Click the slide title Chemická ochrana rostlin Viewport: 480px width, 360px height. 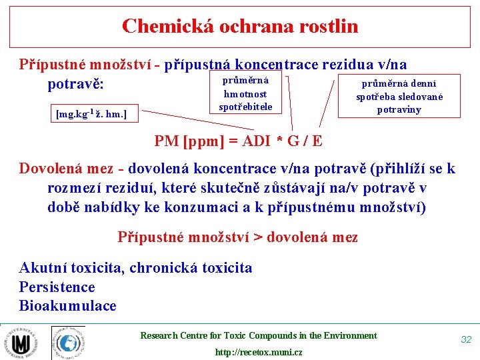tap(240, 27)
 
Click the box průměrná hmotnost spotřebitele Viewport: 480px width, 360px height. tap(245, 94)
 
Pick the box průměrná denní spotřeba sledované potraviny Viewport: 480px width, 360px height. tap(399, 96)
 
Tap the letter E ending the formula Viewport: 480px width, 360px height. tap(317, 141)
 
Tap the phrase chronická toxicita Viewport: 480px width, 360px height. tap(191, 268)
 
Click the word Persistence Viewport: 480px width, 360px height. tap(57, 287)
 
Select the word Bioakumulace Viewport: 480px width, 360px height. tap(67, 306)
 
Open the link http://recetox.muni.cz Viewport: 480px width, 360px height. tap(258, 352)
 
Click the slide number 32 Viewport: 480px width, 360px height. tap(466, 339)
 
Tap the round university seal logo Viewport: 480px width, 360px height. tap(21, 343)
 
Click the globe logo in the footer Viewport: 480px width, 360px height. tap(68, 343)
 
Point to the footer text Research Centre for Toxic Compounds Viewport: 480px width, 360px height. tap(258, 336)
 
